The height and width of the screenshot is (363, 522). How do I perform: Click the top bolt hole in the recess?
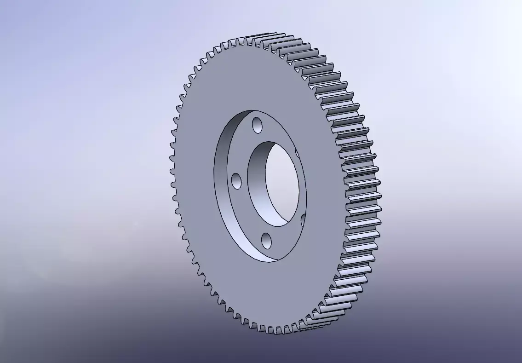coord(258,125)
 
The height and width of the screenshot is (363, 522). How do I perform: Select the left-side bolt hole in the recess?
coord(236,181)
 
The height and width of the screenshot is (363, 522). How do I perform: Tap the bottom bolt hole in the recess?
coord(266,240)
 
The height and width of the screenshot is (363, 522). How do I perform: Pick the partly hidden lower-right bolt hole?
coord(303,221)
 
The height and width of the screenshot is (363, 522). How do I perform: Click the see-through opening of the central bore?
coord(281,184)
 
